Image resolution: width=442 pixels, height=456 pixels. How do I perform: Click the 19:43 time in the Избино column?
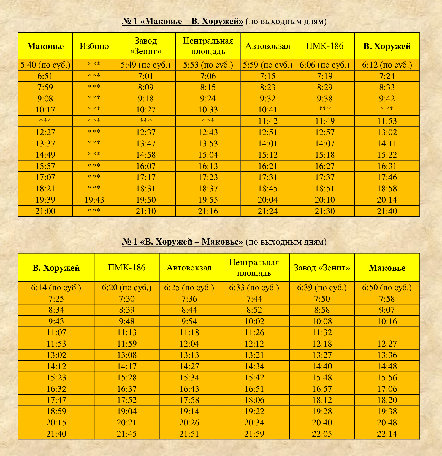[x=94, y=200]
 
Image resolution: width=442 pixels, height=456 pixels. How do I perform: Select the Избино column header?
[x=94, y=46]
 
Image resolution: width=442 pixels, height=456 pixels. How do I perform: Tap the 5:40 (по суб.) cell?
[x=45, y=65]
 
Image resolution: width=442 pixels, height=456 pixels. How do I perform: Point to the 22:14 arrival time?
[x=387, y=434]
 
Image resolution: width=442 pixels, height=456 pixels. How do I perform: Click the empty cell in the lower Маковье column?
[x=387, y=332]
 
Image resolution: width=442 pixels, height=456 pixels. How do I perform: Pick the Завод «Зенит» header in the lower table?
[x=322, y=268]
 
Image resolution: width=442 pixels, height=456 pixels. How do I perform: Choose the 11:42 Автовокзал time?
[x=268, y=121]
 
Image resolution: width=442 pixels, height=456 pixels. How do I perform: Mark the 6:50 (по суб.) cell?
[x=387, y=288]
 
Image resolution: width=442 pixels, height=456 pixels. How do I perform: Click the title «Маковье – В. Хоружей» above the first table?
[x=183, y=21]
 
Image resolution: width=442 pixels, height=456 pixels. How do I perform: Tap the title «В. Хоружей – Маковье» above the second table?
[x=183, y=242]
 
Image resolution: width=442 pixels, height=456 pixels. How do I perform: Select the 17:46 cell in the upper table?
[x=387, y=177]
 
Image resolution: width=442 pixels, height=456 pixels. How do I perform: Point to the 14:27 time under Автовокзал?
[x=189, y=366]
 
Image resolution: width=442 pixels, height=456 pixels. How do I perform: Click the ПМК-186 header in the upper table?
[x=325, y=46]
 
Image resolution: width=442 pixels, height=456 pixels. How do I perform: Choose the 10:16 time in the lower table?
[x=387, y=321]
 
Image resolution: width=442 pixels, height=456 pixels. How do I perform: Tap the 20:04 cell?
[x=268, y=200]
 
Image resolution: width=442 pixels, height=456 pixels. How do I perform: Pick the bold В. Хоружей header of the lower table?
[x=56, y=268]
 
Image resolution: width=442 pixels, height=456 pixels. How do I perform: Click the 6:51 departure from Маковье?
[x=45, y=76]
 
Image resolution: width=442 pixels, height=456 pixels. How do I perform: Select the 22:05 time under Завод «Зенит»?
[x=322, y=434]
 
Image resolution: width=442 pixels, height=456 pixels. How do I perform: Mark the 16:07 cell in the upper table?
[x=146, y=166]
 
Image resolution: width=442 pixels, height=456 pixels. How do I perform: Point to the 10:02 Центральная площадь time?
[x=254, y=321]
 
